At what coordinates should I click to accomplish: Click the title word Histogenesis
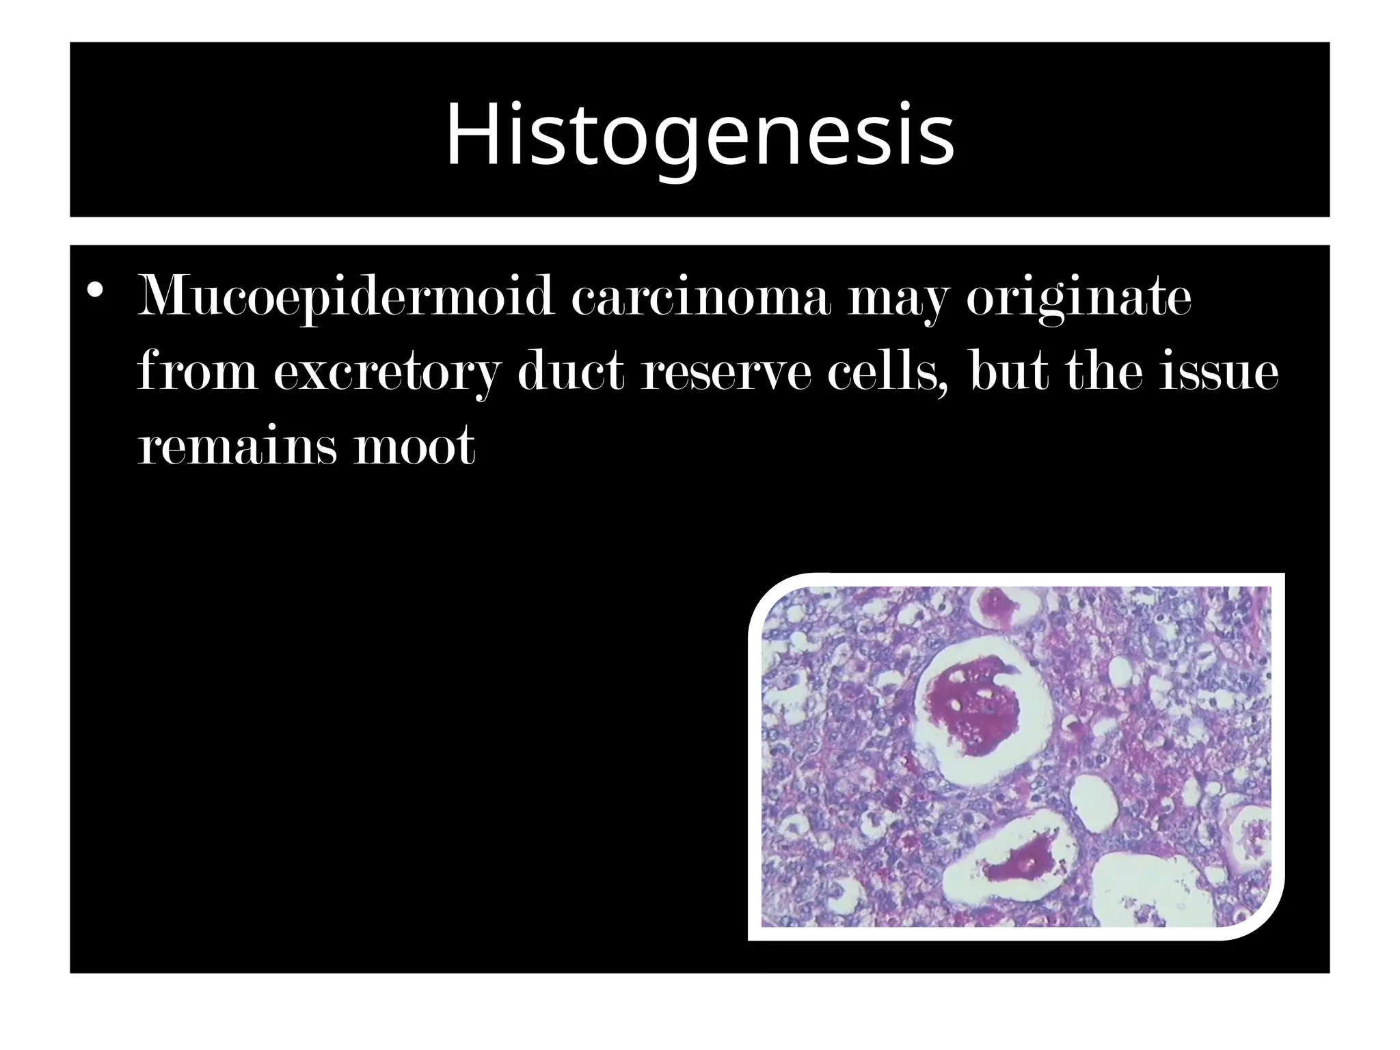699,134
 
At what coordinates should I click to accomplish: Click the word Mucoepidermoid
345,297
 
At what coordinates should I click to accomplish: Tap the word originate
1079,297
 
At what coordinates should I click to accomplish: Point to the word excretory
387,373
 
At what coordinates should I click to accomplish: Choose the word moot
414,446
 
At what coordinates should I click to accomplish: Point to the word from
197,373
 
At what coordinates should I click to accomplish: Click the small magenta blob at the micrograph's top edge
995,605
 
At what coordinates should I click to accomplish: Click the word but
1010,373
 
